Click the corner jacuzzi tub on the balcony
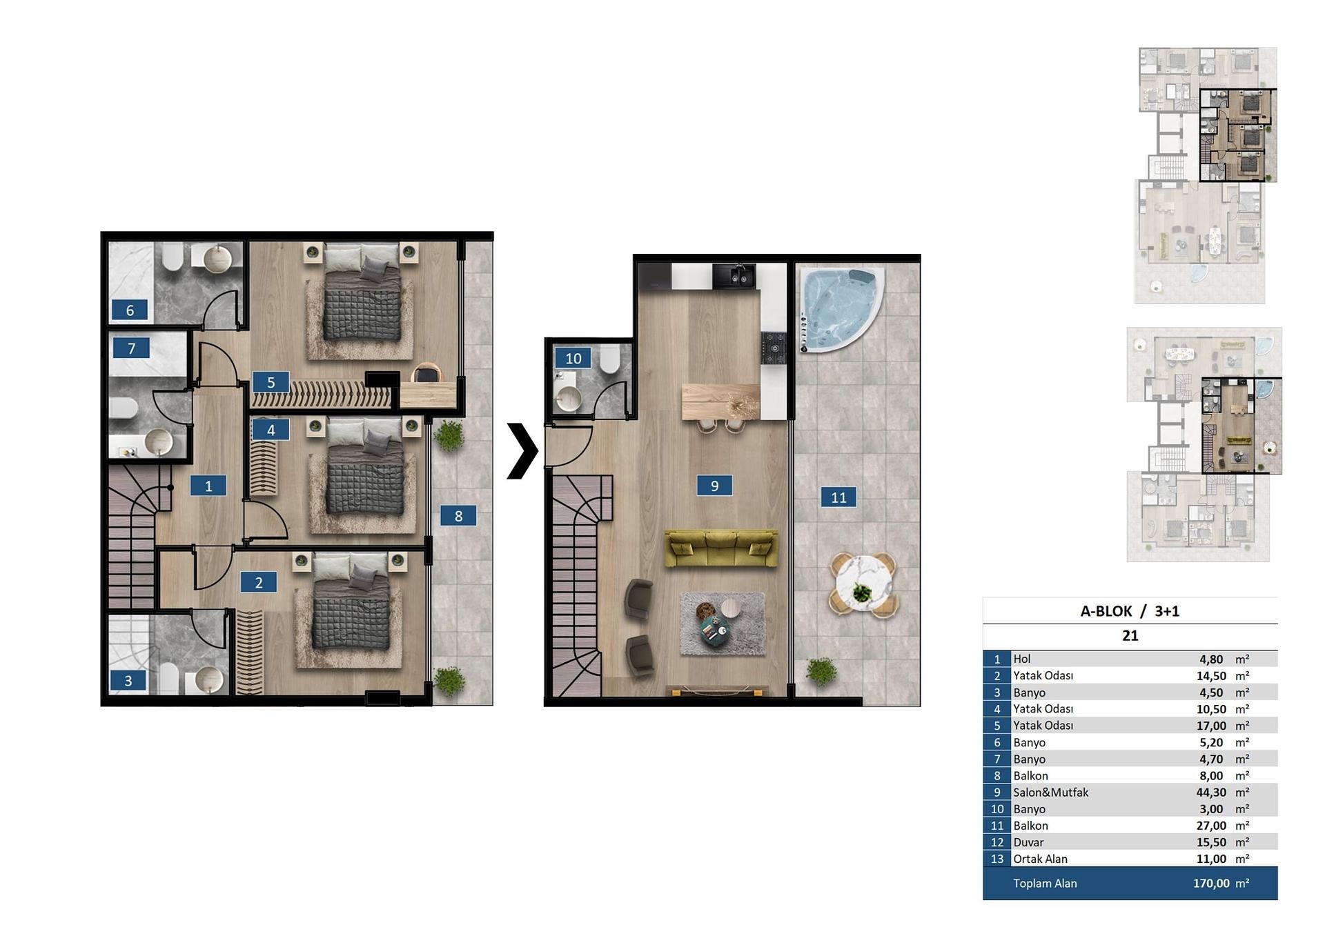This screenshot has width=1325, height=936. pyautogui.click(x=838, y=309)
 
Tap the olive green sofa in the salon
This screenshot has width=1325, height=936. pyautogui.click(x=721, y=548)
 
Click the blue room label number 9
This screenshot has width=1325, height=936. pyautogui.click(x=714, y=486)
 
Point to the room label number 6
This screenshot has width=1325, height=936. pyautogui.click(x=130, y=310)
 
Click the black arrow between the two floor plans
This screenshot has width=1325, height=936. pyautogui.click(x=522, y=450)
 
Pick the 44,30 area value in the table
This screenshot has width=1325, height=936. pyautogui.click(x=1211, y=793)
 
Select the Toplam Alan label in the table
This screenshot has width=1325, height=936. pyautogui.click(x=1045, y=884)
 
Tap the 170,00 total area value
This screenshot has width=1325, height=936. pyautogui.click(x=1211, y=884)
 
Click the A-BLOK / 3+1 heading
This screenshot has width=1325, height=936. pyautogui.click(x=1130, y=611)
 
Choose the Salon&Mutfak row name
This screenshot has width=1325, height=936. pyautogui.click(x=1050, y=793)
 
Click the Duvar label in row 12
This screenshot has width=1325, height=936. pyautogui.click(x=1028, y=842)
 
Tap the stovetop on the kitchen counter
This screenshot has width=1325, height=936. pyautogui.click(x=774, y=348)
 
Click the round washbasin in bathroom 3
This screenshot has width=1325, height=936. pyautogui.click(x=209, y=679)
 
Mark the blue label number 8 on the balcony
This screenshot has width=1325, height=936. pyautogui.click(x=458, y=516)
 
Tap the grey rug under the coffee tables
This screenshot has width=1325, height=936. pyautogui.click(x=723, y=624)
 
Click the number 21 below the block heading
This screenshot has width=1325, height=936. pyautogui.click(x=1130, y=636)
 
